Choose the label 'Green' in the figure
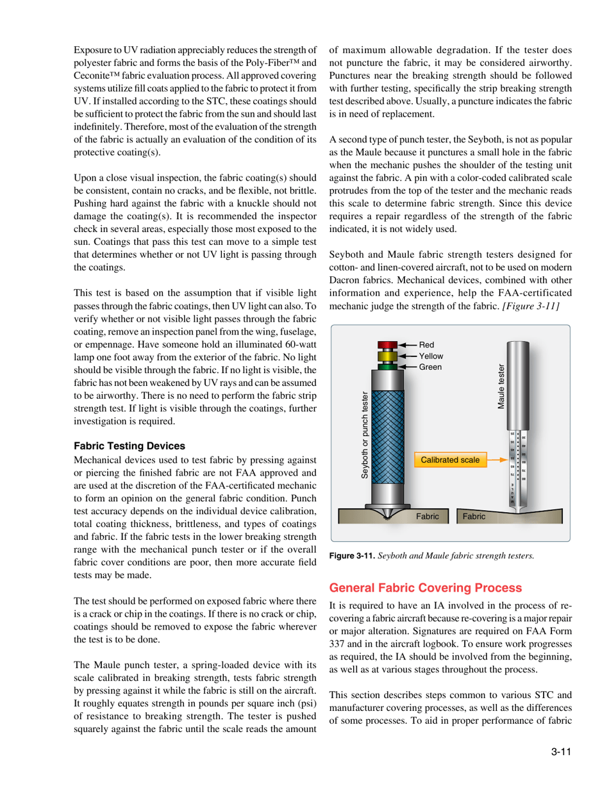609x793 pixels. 430,365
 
